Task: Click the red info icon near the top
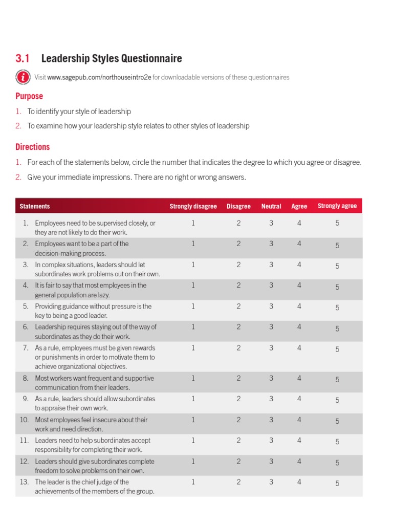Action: pyautogui.click(x=23, y=77)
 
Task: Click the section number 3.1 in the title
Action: pyautogui.click(x=25, y=58)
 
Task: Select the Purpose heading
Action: pyautogui.click(x=29, y=96)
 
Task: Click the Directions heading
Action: pyautogui.click(x=32, y=147)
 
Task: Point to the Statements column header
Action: pyautogui.click(x=35, y=206)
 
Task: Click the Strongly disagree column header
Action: pyautogui.click(x=193, y=206)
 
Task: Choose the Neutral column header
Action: pyautogui.click(x=271, y=206)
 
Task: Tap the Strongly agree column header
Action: pyautogui.click(x=337, y=206)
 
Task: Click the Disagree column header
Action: pyautogui.click(x=238, y=206)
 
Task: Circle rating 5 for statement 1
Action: pyautogui.click(x=337, y=223)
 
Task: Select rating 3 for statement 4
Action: pyautogui.click(x=271, y=286)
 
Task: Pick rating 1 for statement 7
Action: pyautogui.click(x=193, y=348)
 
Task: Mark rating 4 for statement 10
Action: pyautogui.click(x=299, y=420)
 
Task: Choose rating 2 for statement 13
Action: pyautogui.click(x=238, y=482)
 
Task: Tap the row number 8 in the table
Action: pyautogui.click(x=25, y=378)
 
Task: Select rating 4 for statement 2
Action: pyautogui.click(x=299, y=244)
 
